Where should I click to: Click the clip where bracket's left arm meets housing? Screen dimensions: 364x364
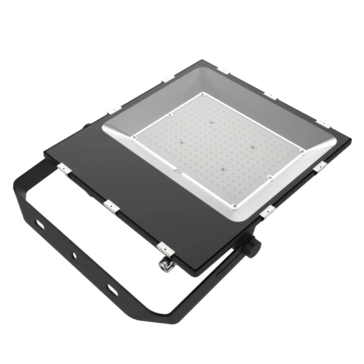point(64,169)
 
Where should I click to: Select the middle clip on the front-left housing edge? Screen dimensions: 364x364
point(111,207)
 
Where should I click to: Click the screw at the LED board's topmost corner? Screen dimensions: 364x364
point(201,96)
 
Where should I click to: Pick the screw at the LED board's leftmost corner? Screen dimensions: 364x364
point(135,135)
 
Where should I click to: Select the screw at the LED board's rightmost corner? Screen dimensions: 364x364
point(301,151)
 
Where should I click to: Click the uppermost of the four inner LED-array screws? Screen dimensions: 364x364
point(210,122)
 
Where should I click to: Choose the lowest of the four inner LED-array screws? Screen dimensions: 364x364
point(222,167)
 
